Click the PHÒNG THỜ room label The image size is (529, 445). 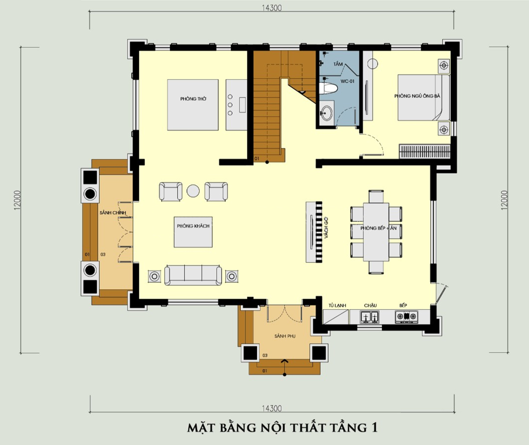coord(193,99)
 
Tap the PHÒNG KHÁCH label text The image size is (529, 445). coord(193,226)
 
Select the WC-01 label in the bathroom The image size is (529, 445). coord(347,82)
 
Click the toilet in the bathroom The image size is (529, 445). coord(328,89)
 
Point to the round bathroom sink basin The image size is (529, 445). coord(327,112)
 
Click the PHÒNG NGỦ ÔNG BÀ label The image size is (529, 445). coord(417,96)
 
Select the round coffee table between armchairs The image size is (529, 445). coord(193,191)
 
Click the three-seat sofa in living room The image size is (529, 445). coord(193,275)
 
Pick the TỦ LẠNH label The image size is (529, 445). coord(337,306)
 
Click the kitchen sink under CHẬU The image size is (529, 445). coord(369,316)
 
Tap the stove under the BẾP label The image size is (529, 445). coord(406,316)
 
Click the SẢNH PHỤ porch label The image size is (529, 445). coord(284,337)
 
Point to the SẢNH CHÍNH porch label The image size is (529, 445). coord(112,213)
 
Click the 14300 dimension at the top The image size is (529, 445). coord(272,7)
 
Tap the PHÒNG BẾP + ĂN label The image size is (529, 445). coord(378,228)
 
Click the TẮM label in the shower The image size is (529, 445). coord(338,64)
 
